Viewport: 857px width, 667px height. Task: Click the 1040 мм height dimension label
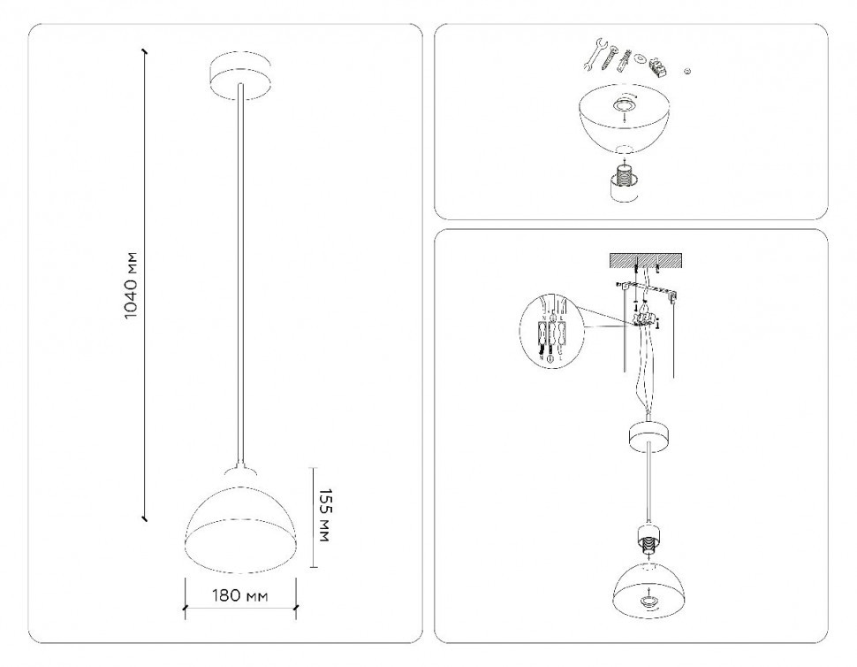click(131, 287)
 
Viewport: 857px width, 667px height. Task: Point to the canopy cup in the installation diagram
click(649, 435)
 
